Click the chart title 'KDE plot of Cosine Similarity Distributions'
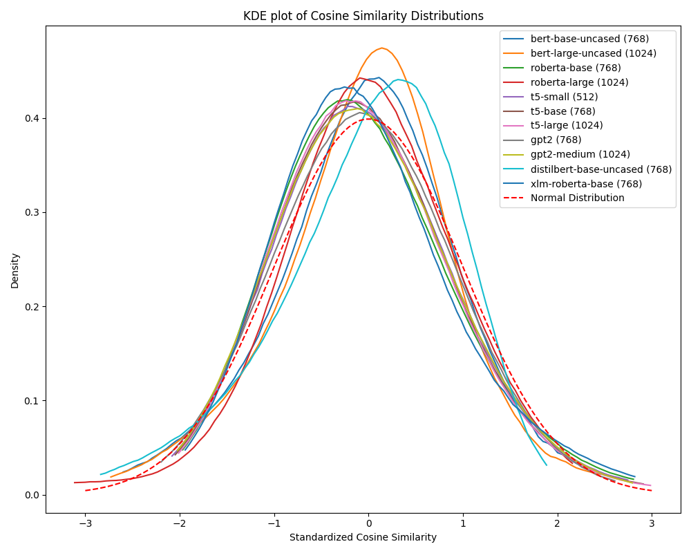pyautogui.click(x=363, y=16)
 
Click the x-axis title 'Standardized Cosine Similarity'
pyautogui.click(x=363, y=537)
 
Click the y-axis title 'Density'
pyautogui.click(x=15, y=270)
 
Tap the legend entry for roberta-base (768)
pyautogui.click(x=575, y=68)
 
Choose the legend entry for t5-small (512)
pyautogui.click(x=564, y=97)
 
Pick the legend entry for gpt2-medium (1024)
pyautogui.click(x=580, y=154)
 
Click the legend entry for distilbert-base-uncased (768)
pyautogui.click(x=600, y=169)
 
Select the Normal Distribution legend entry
pyautogui.click(x=577, y=198)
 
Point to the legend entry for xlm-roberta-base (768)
pyautogui.click(x=586, y=183)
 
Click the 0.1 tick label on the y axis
pyautogui.click(x=32, y=401)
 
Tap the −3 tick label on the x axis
pyautogui.click(x=85, y=523)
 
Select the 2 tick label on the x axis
pyautogui.click(x=557, y=523)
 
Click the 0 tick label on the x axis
pyautogui.click(x=368, y=523)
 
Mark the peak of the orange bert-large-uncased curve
pyautogui.click(x=382, y=48)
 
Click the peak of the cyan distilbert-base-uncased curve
pyautogui.click(x=398, y=79)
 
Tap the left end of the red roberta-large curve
pyautogui.click(x=75, y=482)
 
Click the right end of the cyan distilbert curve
pyautogui.click(x=547, y=465)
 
